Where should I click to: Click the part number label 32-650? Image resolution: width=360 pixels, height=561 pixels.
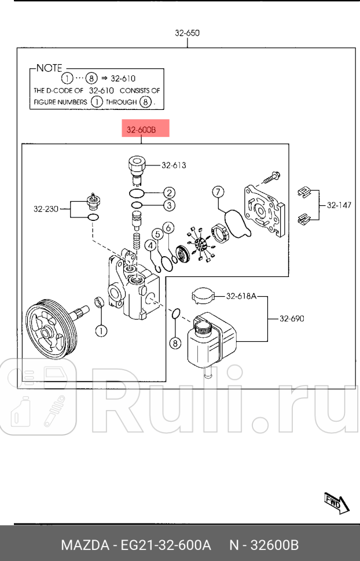pos(187,33)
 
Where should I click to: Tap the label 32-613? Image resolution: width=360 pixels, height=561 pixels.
pos(174,165)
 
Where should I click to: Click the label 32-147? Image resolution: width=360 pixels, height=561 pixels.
pos(339,205)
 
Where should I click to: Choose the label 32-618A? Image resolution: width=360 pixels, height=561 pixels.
pos(241,297)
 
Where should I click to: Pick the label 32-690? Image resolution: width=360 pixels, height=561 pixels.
pos(292,318)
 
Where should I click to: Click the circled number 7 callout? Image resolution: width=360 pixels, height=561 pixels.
pos(218,191)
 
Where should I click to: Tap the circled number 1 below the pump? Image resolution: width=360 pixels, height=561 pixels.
pos(100,331)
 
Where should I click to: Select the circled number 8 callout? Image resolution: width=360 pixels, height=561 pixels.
pos(175,343)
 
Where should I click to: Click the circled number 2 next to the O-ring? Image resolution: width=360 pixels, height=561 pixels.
pos(168,193)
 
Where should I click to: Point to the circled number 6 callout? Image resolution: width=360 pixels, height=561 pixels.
pos(167,228)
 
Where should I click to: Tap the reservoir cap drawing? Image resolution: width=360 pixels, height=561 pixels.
pos(202,296)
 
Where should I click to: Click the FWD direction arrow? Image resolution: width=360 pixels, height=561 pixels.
pos(336,503)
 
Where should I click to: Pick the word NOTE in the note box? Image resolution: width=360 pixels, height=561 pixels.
pos(49,68)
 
